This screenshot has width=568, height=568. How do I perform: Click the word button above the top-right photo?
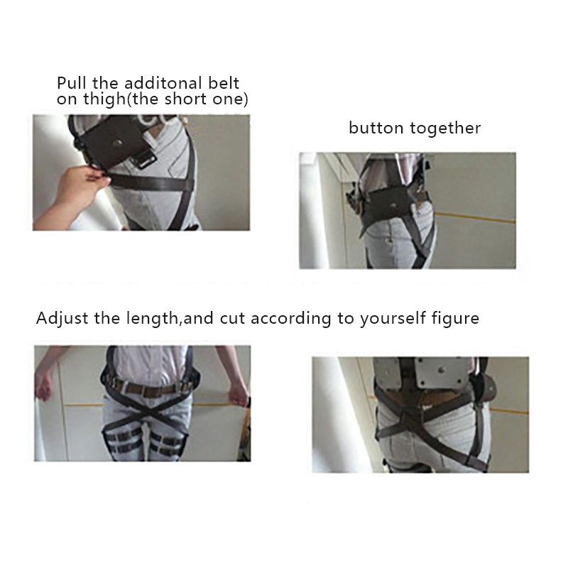click(376, 128)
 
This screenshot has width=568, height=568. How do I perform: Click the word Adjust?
click(62, 319)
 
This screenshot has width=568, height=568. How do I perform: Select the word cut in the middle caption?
click(233, 318)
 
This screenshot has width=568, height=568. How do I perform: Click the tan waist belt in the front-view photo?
click(148, 390)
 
